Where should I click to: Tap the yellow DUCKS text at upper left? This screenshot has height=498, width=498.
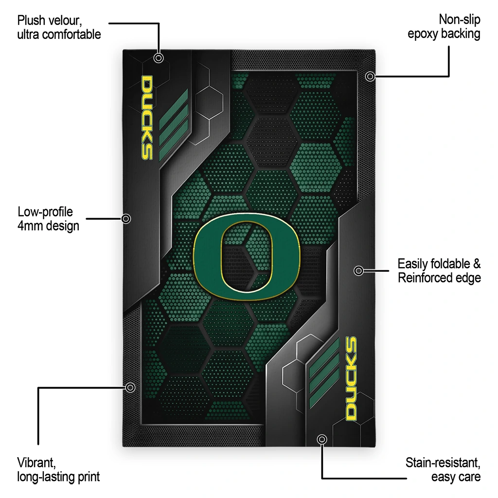point(147,117)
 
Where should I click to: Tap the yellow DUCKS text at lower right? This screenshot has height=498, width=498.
point(351,378)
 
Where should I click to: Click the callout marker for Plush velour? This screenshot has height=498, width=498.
point(159,58)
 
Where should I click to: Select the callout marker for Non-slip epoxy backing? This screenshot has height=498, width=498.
point(370,76)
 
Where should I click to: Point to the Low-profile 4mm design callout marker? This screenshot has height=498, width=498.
point(126,218)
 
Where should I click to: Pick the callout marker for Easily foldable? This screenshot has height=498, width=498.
point(358,270)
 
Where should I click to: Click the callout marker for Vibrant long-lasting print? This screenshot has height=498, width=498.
point(130,388)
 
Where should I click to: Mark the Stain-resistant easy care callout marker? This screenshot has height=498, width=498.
point(322,439)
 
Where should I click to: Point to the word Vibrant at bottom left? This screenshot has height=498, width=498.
point(36,463)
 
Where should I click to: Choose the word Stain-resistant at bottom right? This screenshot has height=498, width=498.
point(443,463)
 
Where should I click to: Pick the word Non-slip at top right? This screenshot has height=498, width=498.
point(460,19)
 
